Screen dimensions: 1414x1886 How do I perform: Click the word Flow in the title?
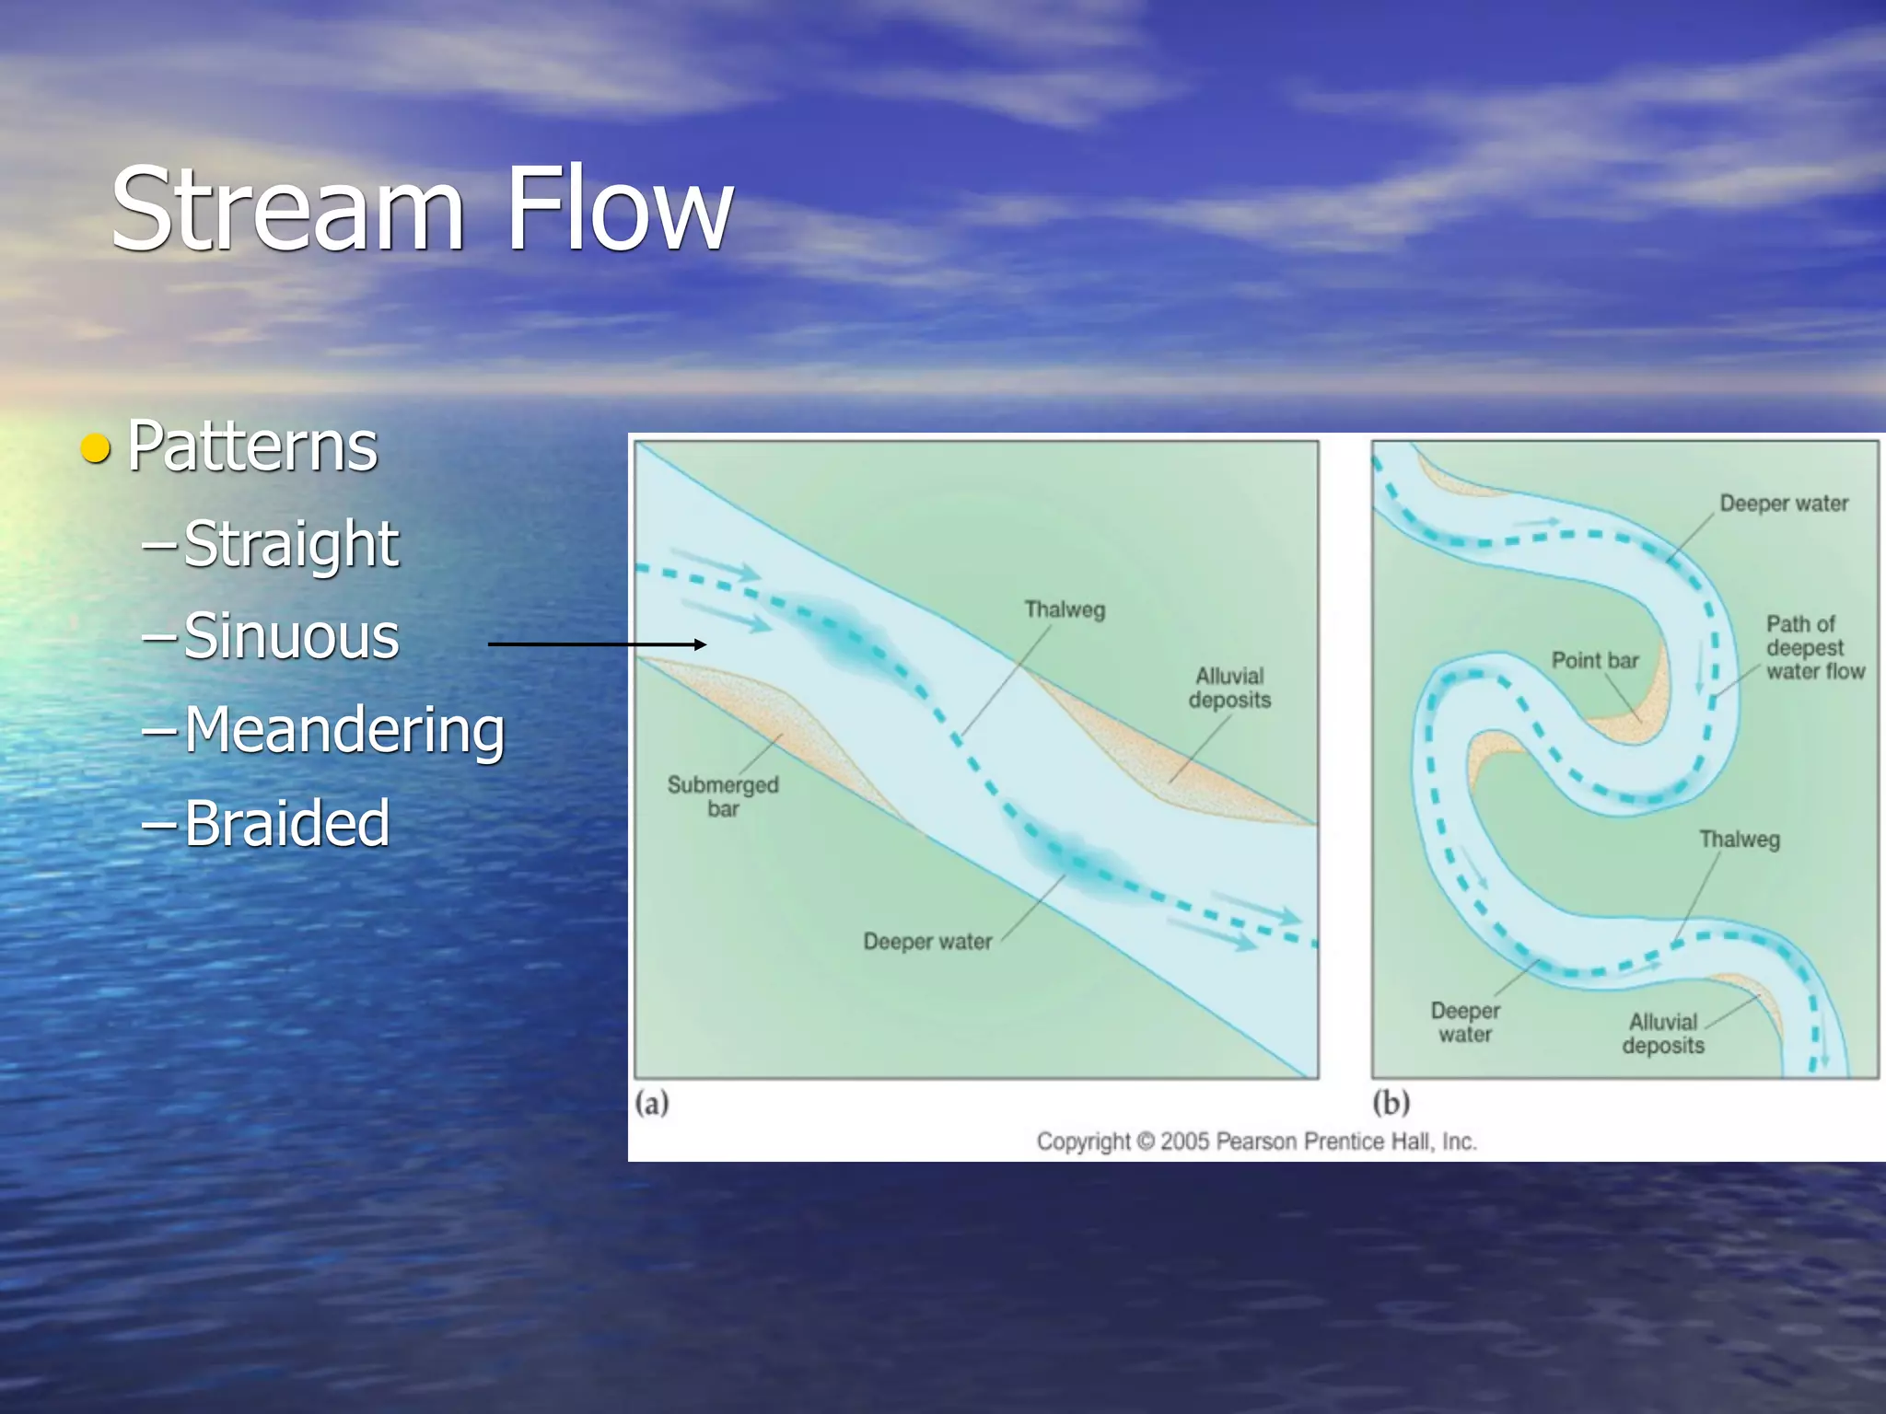pos(619,210)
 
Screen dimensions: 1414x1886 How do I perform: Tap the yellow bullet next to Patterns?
pos(95,448)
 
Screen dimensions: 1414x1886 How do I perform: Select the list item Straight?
pos(291,544)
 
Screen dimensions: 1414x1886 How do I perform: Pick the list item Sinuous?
pos(291,636)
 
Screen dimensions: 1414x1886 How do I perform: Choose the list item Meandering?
pos(344,731)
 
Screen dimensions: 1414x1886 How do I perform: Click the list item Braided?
pos(286,822)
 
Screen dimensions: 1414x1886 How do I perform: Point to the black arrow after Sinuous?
pos(597,644)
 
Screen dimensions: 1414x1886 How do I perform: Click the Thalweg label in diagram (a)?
pos(1065,609)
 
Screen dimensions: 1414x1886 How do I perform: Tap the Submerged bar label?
pos(723,796)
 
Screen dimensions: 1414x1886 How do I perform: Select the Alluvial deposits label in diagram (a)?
pos(1229,688)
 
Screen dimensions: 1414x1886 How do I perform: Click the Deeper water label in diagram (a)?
pos(927,942)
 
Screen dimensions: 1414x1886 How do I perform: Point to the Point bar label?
pos(1595,660)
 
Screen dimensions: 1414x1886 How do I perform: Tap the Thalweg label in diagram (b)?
pos(1739,840)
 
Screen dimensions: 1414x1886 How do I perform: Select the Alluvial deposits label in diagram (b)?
pos(1663,1034)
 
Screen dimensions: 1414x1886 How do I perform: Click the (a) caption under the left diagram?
pos(652,1102)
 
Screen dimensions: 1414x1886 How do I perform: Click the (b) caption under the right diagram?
pos(1391,1102)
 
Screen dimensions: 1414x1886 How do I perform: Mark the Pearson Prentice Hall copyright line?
pos(1256,1142)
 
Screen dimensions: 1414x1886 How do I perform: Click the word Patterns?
pos(252,446)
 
